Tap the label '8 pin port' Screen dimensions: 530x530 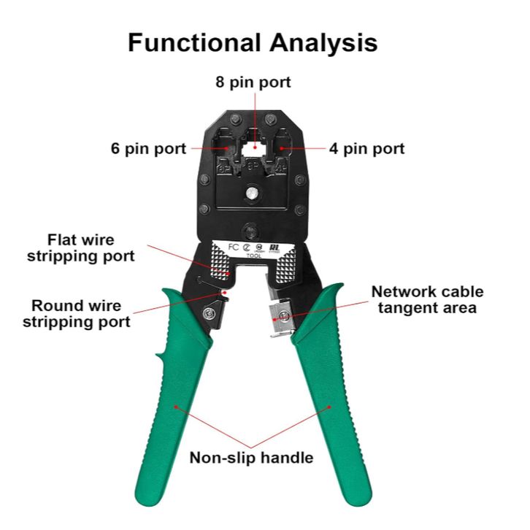pyautogui.click(x=253, y=82)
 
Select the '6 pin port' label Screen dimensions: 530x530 pyautogui.click(x=148, y=148)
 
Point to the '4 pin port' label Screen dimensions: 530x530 pyautogui.click(x=366, y=148)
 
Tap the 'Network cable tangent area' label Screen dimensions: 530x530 pyautogui.click(x=427, y=299)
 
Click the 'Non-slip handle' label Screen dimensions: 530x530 pyautogui.click(x=252, y=458)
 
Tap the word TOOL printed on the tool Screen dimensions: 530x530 pyautogui.click(x=253, y=256)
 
